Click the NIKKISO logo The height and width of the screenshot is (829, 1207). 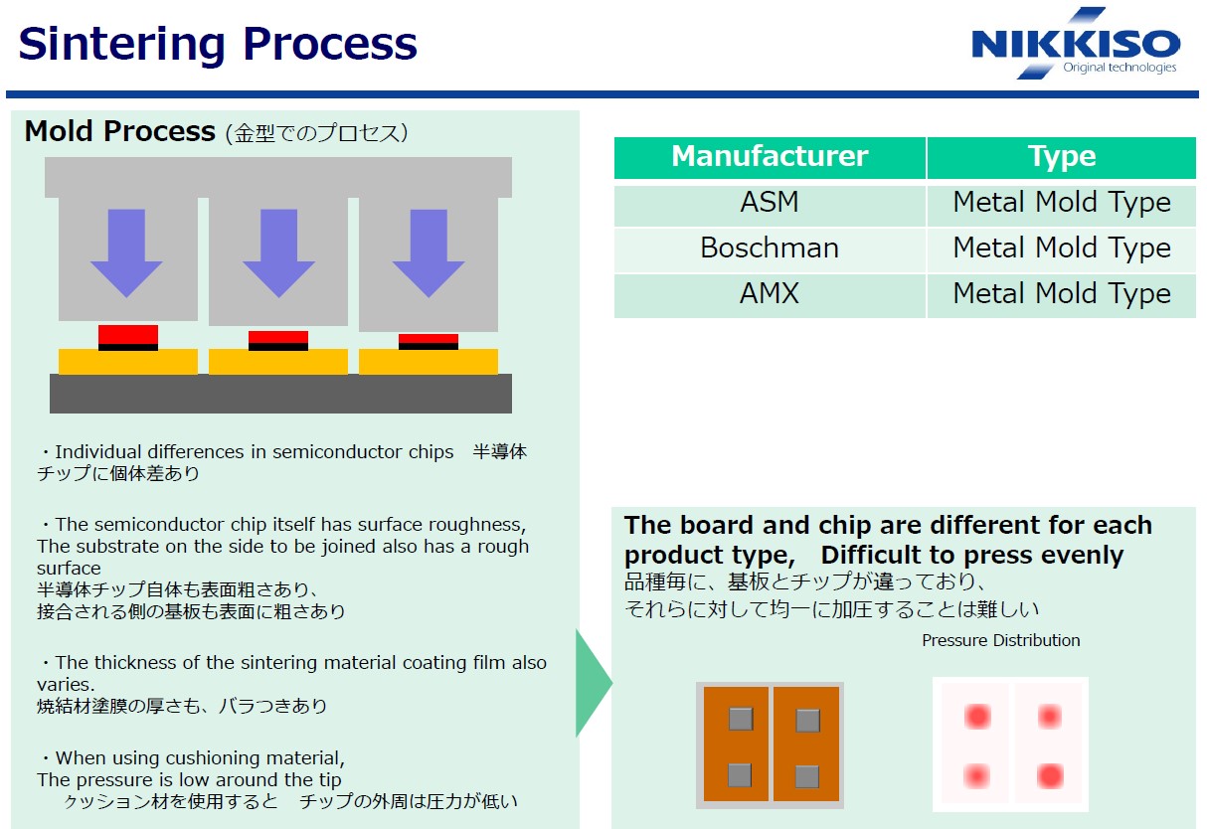click(x=1075, y=45)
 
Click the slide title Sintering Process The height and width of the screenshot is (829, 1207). click(x=218, y=44)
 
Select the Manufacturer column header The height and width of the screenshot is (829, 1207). click(x=770, y=157)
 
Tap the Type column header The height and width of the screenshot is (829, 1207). click(x=1061, y=157)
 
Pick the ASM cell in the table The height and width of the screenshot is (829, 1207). click(x=770, y=203)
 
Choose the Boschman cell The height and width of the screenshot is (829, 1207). click(x=770, y=248)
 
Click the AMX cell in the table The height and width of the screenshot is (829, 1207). click(x=770, y=294)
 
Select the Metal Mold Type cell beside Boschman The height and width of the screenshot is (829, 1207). click(x=1061, y=248)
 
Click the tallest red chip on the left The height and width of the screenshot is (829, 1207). click(x=128, y=334)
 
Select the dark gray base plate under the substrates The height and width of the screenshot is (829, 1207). click(x=280, y=394)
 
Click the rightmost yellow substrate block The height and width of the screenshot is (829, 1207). click(x=429, y=362)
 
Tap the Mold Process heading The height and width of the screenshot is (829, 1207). click(x=119, y=131)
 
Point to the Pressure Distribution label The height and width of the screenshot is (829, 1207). click(x=1000, y=640)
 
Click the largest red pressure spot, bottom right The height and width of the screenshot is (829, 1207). click(x=1050, y=775)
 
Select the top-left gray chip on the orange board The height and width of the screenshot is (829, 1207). click(x=741, y=718)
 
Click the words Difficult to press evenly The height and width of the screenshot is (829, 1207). click(x=972, y=555)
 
